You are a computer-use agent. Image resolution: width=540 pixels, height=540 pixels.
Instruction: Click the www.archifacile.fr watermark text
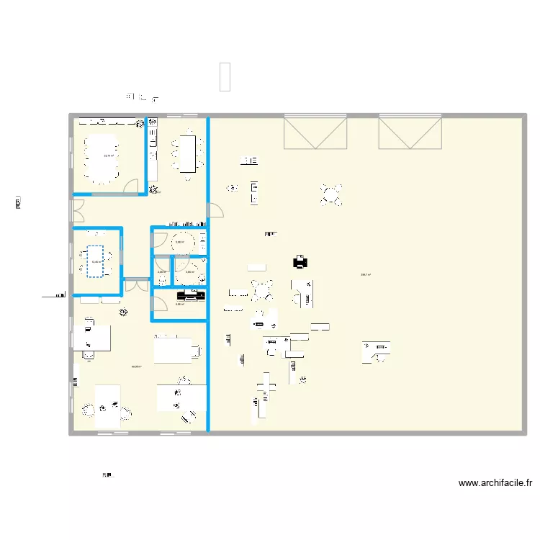(x=495, y=484)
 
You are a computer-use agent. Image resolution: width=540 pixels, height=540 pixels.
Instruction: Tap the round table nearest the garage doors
(x=331, y=194)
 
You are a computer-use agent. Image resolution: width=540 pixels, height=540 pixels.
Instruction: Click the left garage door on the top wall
(x=315, y=132)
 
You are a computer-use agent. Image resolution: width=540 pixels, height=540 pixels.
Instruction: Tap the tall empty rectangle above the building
(x=225, y=77)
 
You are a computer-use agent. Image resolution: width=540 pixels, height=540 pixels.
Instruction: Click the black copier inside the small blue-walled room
(x=192, y=295)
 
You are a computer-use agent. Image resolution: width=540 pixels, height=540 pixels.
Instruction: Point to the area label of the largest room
(x=366, y=274)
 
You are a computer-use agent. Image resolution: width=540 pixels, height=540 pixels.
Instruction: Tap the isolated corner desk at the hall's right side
(x=377, y=351)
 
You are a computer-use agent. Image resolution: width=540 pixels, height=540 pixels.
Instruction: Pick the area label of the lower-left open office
(x=136, y=366)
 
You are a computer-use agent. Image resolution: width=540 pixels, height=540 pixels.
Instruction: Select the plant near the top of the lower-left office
(x=124, y=312)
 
